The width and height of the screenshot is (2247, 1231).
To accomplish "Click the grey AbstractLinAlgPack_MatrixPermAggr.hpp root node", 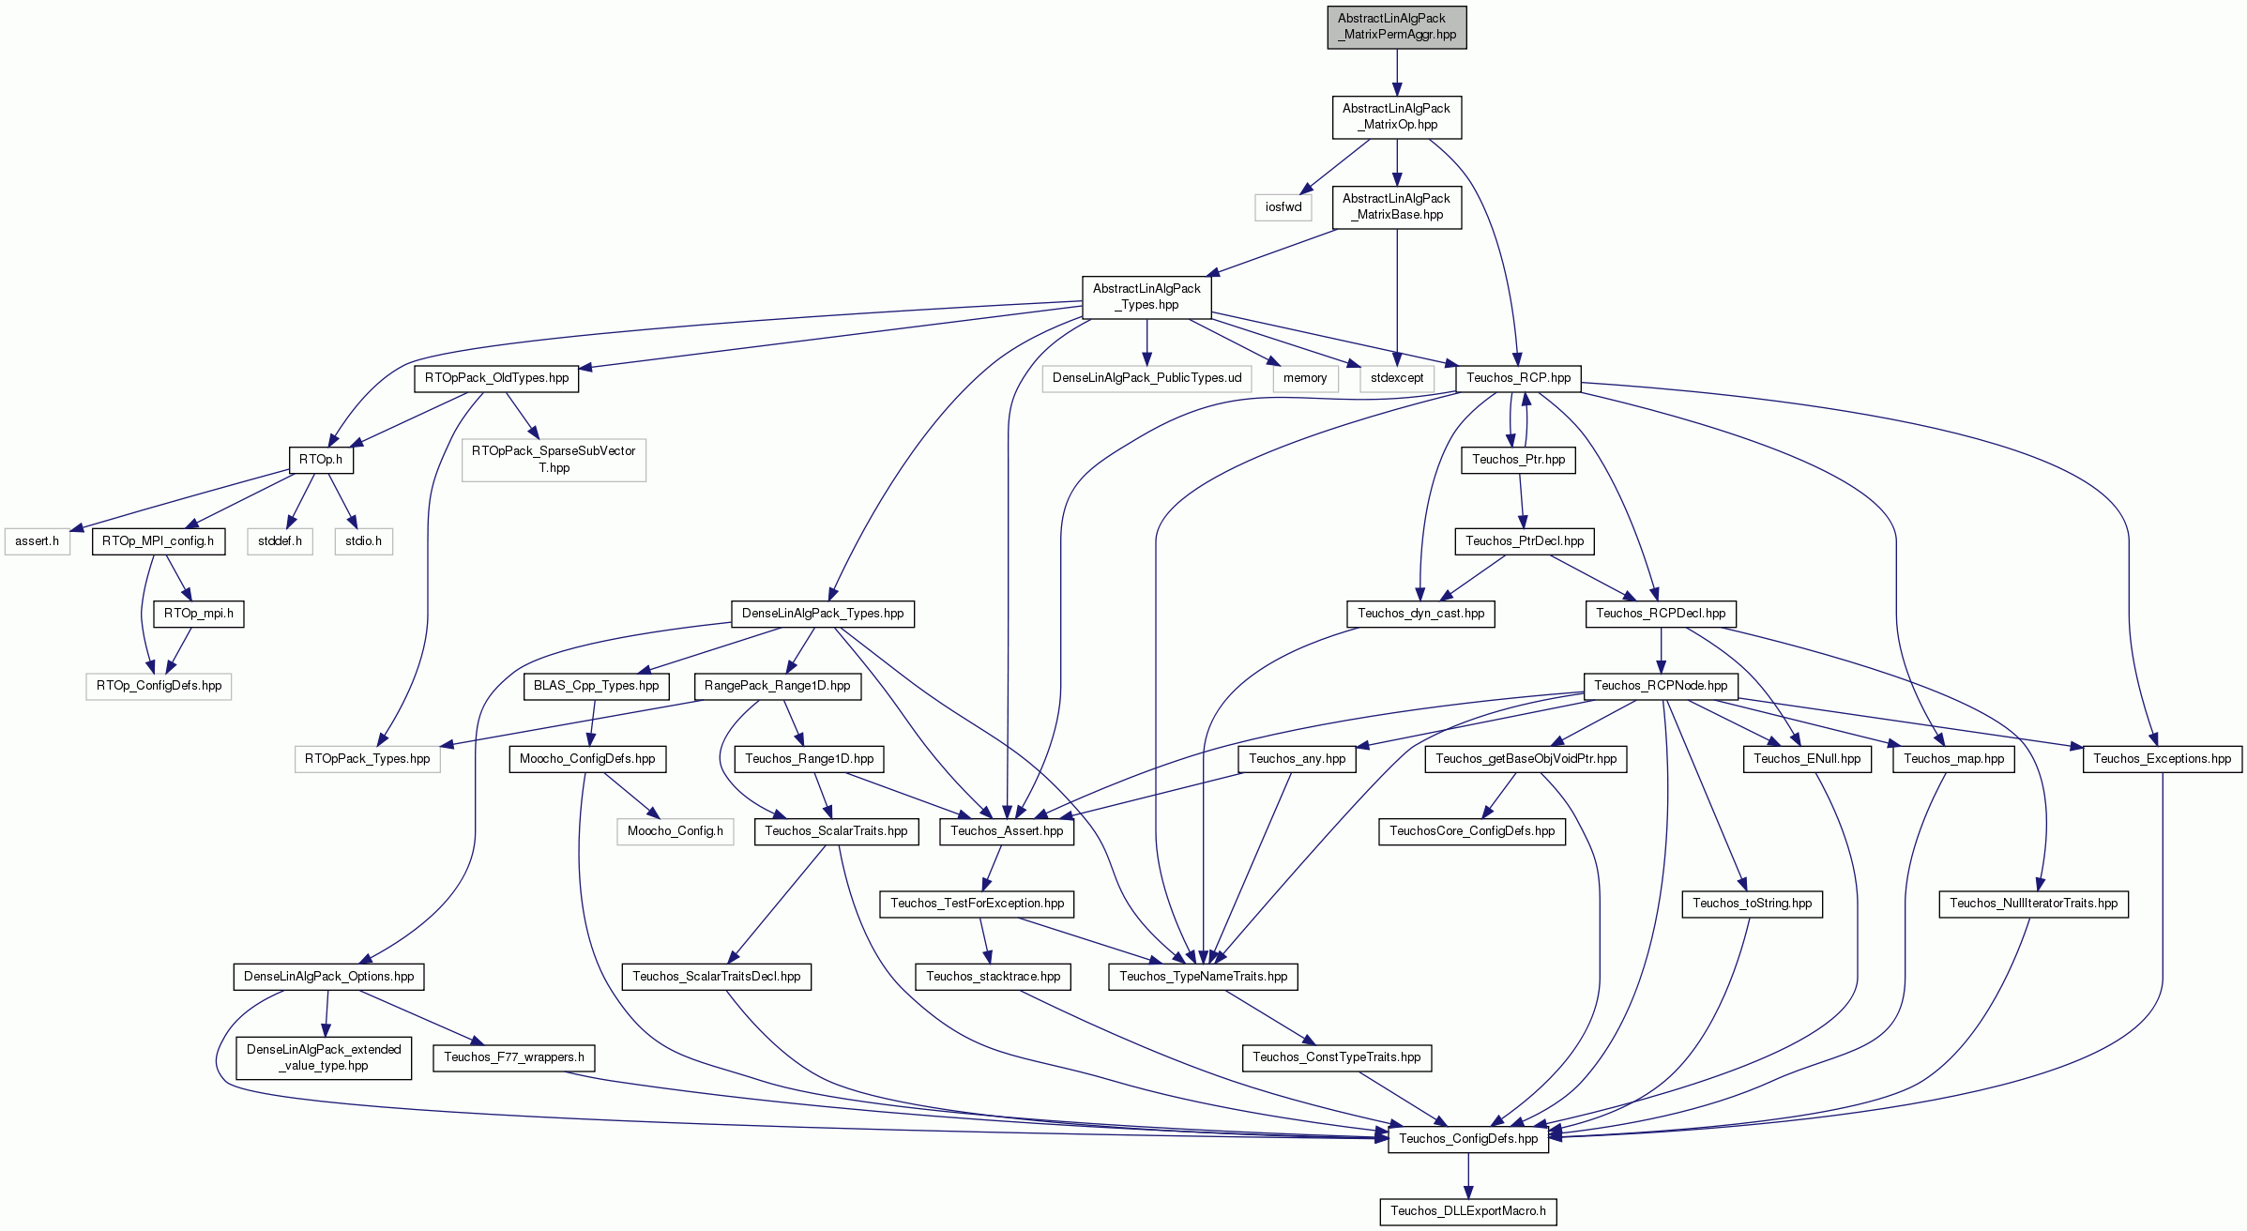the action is tap(1396, 27).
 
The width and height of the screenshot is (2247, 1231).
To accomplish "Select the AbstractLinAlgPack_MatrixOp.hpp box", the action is tap(1396, 117).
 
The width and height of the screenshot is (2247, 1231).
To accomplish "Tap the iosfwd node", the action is tap(1283, 207).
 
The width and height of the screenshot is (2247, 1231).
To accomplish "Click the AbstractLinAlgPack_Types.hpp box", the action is tap(1146, 297).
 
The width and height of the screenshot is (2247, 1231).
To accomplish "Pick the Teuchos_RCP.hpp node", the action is tap(1518, 378).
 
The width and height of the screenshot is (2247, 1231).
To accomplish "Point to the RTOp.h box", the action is tap(321, 460).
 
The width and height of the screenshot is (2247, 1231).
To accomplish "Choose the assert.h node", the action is tap(37, 541).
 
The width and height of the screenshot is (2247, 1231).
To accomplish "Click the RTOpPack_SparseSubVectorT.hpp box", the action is tap(554, 460).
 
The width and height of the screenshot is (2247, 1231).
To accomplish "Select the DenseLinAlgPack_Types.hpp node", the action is tap(823, 614).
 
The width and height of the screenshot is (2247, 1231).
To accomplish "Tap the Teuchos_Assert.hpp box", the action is tap(1007, 831).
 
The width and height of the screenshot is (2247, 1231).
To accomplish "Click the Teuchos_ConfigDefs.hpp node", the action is tap(1468, 1139).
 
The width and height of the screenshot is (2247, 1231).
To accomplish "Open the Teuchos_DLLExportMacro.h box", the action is tap(1468, 1211).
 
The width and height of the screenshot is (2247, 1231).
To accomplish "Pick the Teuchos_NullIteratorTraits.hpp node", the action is tap(2034, 904).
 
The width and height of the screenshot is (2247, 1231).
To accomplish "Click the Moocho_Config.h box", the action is tap(676, 831).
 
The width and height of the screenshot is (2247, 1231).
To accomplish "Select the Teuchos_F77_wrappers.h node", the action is tap(514, 1057).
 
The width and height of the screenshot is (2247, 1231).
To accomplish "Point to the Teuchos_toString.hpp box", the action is tap(1753, 904).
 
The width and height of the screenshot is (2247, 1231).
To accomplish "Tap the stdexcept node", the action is tap(1397, 378).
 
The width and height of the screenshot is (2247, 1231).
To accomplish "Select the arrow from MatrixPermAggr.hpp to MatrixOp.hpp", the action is tap(1396, 72).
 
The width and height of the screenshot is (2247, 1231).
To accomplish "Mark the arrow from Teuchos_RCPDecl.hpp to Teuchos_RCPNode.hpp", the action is tap(1661, 650).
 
